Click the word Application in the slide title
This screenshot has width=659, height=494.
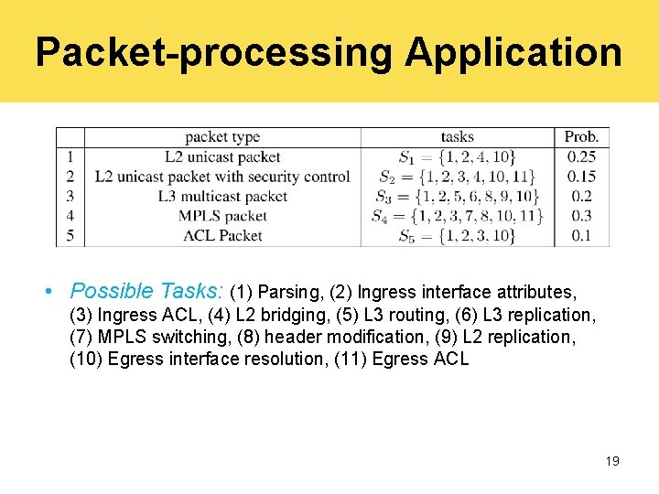(513, 52)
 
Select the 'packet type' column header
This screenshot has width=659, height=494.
(222, 137)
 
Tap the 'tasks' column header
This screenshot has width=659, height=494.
(457, 137)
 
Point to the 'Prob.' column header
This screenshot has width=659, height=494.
(581, 137)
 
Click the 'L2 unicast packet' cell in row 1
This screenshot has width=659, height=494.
(222, 157)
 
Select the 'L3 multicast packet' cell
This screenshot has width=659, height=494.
(222, 196)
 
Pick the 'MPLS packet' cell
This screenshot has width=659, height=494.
(222, 216)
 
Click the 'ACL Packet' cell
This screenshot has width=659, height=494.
(222, 235)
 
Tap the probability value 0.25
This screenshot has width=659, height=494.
(581, 157)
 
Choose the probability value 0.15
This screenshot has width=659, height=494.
(581, 177)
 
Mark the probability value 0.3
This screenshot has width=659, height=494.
(581, 216)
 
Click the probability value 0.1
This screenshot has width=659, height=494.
(581, 235)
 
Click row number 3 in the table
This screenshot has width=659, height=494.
(70, 196)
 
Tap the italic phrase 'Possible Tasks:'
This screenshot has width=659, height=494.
(147, 292)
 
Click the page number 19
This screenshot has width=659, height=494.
(612, 461)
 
